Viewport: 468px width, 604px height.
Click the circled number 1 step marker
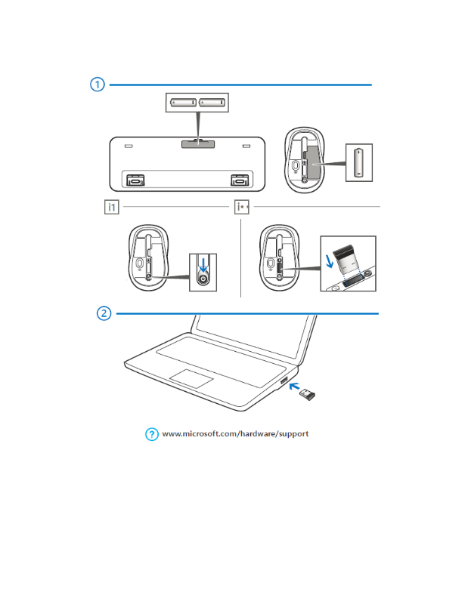[x=98, y=85]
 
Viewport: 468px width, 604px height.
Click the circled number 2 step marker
[x=105, y=313]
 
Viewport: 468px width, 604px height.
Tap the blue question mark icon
[x=151, y=433]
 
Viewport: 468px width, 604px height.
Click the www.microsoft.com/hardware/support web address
[x=236, y=434]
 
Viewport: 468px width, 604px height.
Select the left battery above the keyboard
[x=181, y=101]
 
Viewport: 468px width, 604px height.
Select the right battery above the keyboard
[x=212, y=101]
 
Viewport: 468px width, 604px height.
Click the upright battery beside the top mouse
[x=359, y=162]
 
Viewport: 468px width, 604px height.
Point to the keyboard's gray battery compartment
[x=196, y=143]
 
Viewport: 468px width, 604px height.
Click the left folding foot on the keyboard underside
[x=135, y=180]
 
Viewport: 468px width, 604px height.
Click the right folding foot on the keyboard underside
[x=240, y=180]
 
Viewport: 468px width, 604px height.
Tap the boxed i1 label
[x=111, y=206]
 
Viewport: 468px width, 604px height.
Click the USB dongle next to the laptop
[x=305, y=394]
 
